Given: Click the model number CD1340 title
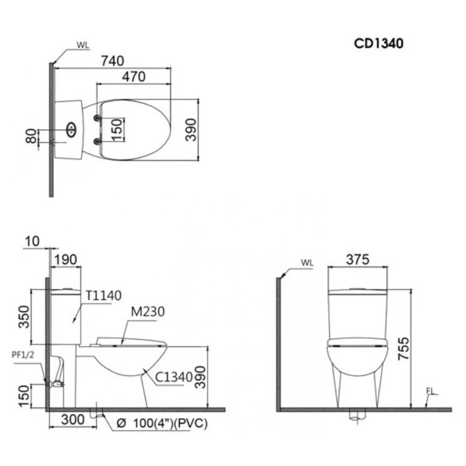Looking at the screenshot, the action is [378, 43].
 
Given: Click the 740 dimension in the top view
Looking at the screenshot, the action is [112, 61].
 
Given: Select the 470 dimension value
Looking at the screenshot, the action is [134, 77].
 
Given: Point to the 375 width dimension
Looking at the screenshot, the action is [357, 260].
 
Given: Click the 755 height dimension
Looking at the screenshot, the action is [404, 348].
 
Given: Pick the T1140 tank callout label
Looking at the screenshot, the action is [103, 295].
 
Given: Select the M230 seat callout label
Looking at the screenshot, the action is [147, 312].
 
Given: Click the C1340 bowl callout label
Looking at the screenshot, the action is [174, 377].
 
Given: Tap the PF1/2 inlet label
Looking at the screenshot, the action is [23, 354].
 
